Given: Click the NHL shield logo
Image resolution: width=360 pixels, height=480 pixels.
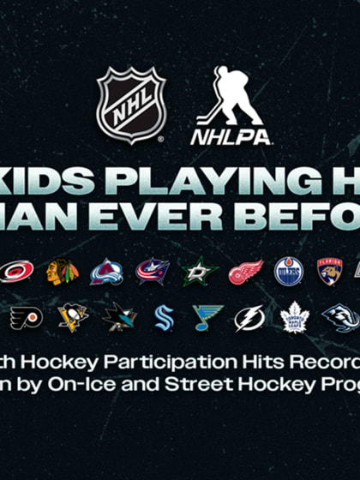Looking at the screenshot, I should (130, 105).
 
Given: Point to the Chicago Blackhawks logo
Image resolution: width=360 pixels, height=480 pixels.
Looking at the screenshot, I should (63, 272).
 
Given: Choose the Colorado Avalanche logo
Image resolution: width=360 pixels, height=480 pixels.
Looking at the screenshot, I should (107, 272).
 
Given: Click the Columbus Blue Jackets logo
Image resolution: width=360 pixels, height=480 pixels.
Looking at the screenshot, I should (153, 272).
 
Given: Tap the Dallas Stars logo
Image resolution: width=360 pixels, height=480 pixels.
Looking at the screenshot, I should (199, 272).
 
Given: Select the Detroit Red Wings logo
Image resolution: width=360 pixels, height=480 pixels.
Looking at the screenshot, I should (245, 272).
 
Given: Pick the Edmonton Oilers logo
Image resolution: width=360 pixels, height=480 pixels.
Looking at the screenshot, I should (288, 272).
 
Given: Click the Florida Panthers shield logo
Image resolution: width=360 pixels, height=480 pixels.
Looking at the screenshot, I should (330, 272).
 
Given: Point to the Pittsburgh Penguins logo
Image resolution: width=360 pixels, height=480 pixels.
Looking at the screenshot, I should (73, 318).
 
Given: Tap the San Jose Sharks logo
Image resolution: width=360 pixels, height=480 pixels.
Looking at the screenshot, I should (119, 318).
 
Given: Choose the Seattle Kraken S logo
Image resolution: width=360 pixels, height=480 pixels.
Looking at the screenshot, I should (164, 318).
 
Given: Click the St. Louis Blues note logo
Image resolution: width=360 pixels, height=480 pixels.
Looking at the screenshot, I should (207, 318).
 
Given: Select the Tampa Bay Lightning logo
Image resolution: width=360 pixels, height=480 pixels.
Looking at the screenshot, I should (250, 318).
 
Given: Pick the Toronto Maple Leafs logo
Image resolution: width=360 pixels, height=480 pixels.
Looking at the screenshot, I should (294, 318).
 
